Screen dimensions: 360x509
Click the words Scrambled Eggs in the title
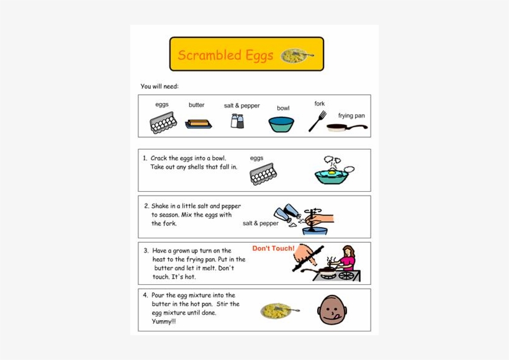click(225, 55)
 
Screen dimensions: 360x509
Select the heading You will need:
click(160, 86)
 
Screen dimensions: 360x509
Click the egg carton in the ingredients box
click(163, 123)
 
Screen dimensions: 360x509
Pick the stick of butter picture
click(198, 124)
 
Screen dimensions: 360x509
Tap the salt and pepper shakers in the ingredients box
click(237, 120)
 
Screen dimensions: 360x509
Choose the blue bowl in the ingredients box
click(281, 124)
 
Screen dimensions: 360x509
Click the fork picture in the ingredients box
click(317, 121)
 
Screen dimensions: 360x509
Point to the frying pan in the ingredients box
click(346, 128)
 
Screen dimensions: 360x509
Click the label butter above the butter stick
click(197, 105)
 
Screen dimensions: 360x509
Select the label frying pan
click(351, 115)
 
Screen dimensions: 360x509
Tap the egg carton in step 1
click(263, 174)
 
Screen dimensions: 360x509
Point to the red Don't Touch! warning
click(273, 248)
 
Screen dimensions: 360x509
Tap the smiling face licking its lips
click(333, 310)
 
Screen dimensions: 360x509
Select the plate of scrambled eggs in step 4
click(277, 310)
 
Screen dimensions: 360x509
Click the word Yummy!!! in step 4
click(164, 322)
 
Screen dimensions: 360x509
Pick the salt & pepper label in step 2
click(261, 223)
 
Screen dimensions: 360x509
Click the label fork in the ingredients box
click(320, 104)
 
